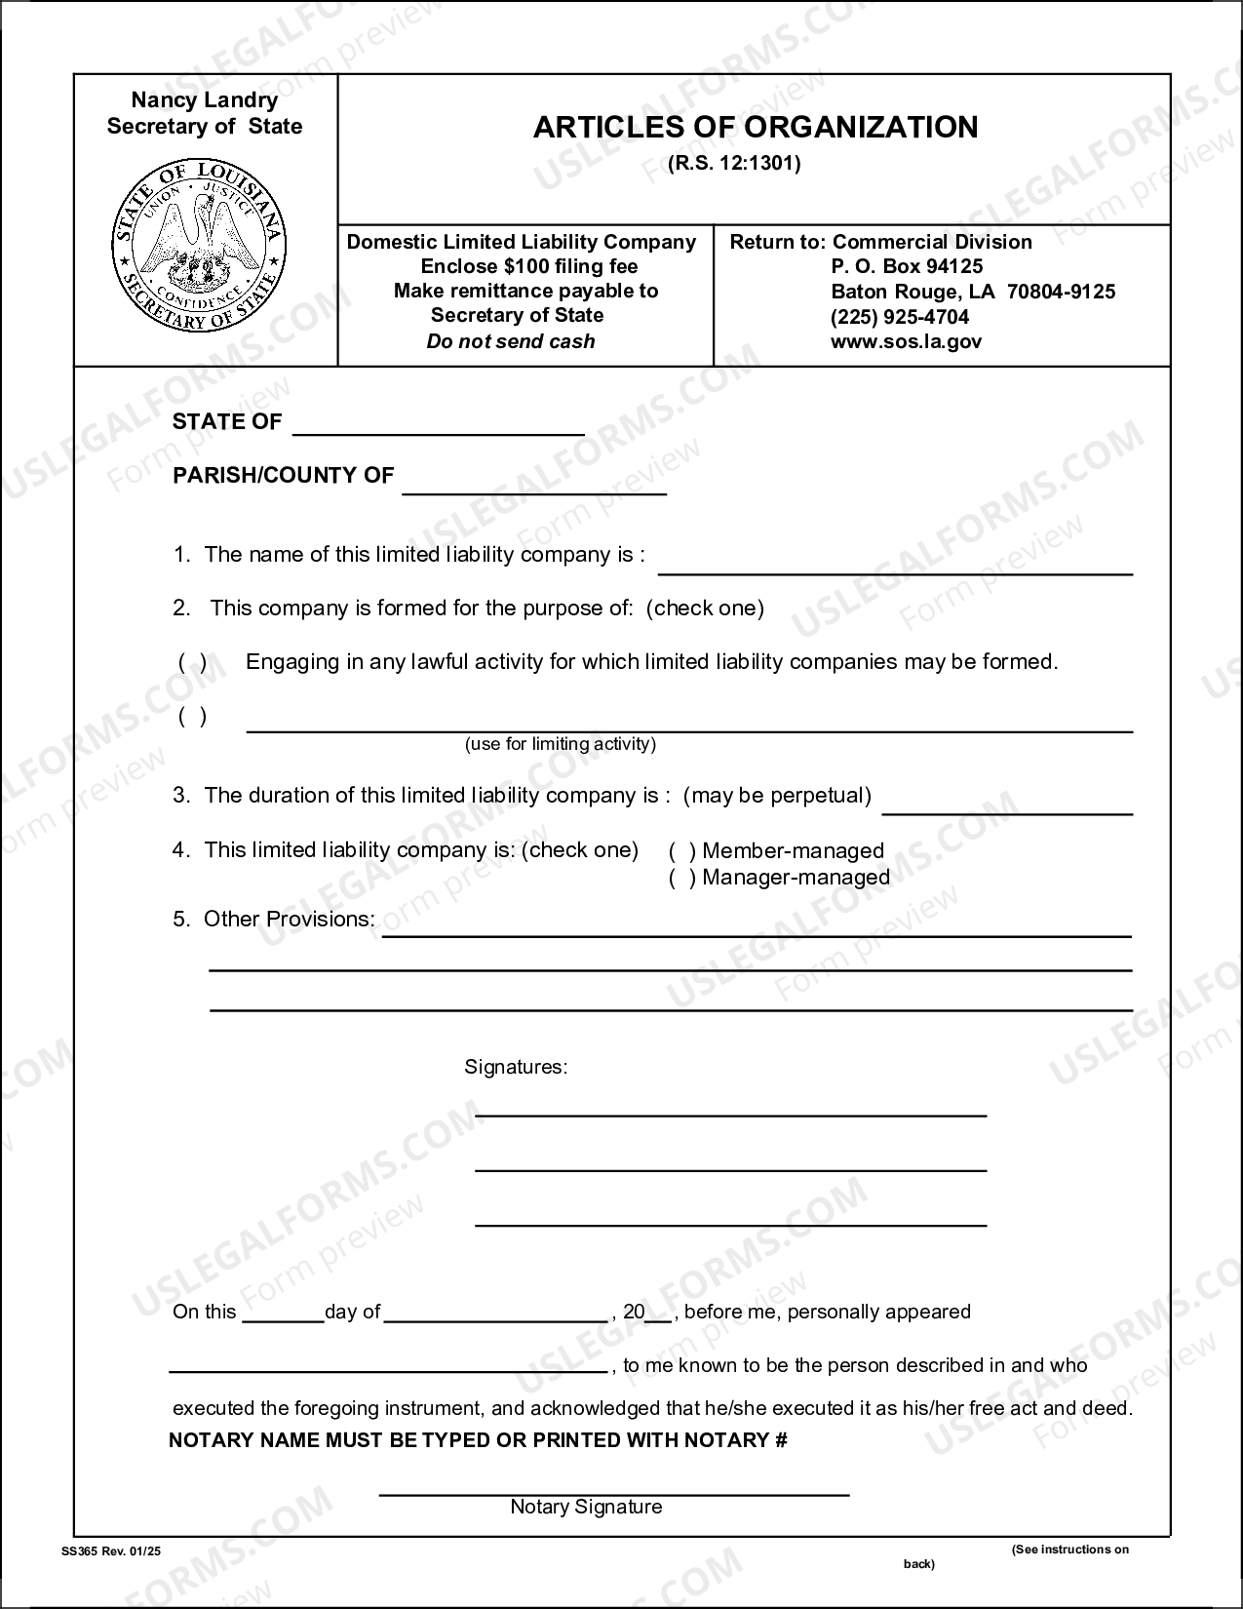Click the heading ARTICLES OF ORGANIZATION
(x=755, y=128)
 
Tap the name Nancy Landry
(x=205, y=100)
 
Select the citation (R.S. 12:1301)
(x=734, y=164)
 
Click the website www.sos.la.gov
(x=906, y=341)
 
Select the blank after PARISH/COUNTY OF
(x=534, y=487)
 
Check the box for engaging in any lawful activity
(x=192, y=663)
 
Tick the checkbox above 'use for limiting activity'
(x=192, y=717)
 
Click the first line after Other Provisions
(x=756, y=928)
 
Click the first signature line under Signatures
(x=730, y=1108)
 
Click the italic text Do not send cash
(x=510, y=341)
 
